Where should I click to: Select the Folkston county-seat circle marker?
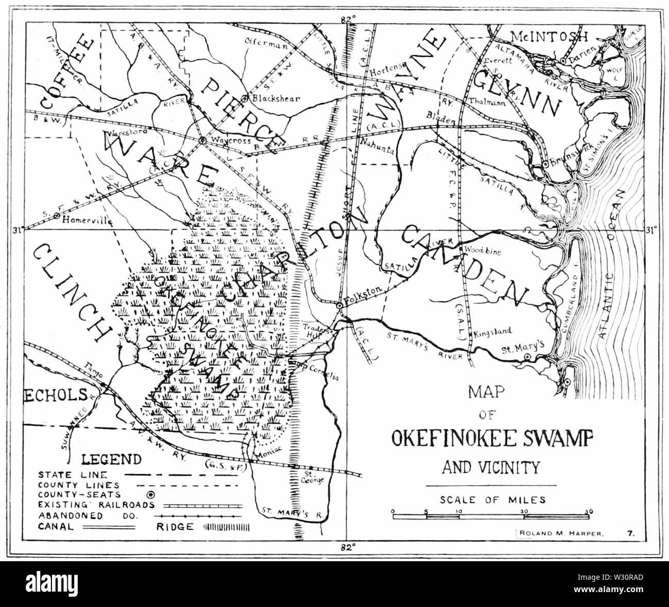point(340,306)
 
